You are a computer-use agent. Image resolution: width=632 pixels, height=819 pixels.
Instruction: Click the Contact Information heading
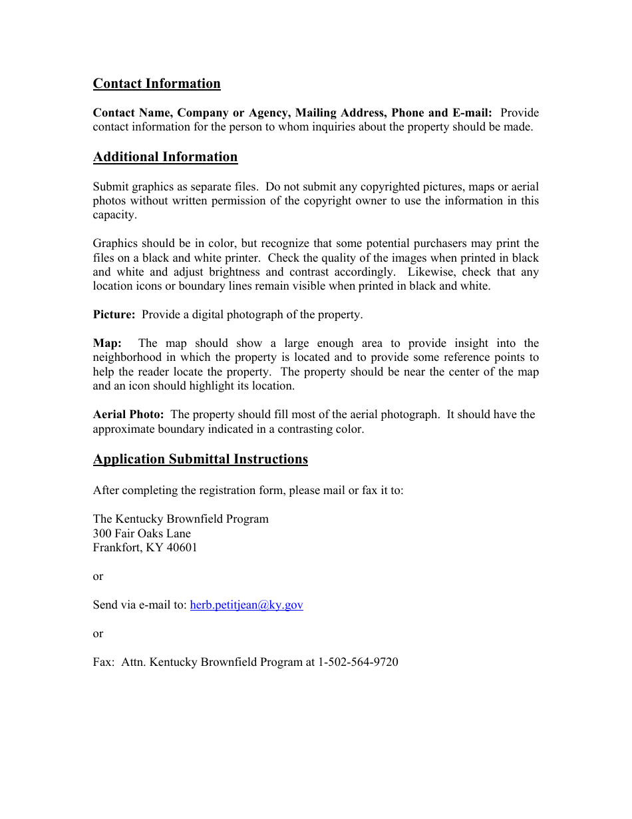pyautogui.click(x=156, y=83)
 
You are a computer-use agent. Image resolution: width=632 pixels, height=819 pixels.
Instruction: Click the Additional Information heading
pyautogui.click(x=165, y=156)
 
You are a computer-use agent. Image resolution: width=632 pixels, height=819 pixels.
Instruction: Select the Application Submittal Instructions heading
pyautogui.click(x=200, y=459)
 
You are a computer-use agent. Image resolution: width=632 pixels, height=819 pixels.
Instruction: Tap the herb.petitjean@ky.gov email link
pyautogui.click(x=246, y=605)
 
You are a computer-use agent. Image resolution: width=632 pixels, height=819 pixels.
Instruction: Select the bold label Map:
pyautogui.click(x=107, y=343)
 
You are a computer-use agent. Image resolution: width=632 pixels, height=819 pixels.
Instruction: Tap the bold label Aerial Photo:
pyautogui.click(x=128, y=414)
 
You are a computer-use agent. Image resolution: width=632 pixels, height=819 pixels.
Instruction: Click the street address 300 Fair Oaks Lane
pyautogui.click(x=142, y=533)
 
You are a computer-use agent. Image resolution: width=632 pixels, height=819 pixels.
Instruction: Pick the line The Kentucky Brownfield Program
pyautogui.click(x=181, y=519)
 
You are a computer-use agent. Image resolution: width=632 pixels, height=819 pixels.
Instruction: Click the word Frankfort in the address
pyautogui.click(x=116, y=547)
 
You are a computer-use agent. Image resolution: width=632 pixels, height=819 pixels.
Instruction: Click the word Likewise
pyautogui.click(x=433, y=272)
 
